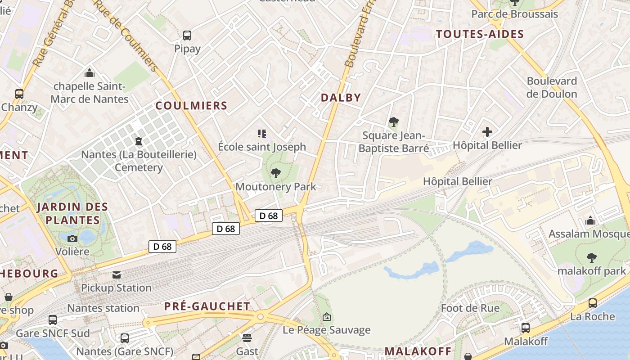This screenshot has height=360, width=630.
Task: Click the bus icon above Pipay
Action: [187, 35]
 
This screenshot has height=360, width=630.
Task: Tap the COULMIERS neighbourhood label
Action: [191, 106]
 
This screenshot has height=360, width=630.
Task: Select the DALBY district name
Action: [341, 98]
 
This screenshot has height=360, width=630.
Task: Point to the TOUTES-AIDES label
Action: [480, 34]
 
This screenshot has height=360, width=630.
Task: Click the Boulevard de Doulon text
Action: [552, 87]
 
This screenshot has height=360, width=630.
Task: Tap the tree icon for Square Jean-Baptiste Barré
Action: [394, 122]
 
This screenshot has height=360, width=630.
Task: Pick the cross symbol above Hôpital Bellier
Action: [487, 132]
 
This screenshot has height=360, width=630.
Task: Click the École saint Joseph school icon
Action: [262, 133]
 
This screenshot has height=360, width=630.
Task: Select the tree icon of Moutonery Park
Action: [276, 173]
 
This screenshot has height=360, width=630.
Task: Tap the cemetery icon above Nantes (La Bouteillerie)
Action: [139, 141]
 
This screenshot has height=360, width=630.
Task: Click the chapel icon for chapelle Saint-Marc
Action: [90, 73]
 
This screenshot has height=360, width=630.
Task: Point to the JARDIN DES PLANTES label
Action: [72, 213]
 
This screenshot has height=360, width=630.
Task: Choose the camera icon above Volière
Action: [72, 238]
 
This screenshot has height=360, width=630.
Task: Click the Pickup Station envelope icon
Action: [117, 274]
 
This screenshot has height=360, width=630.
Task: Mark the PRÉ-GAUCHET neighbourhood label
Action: [207, 306]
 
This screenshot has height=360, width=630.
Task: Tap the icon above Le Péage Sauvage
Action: [327, 317]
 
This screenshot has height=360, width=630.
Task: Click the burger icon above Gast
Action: [247, 337]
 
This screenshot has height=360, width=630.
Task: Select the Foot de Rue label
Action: [470, 308]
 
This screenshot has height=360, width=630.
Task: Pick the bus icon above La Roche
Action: [593, 303]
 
